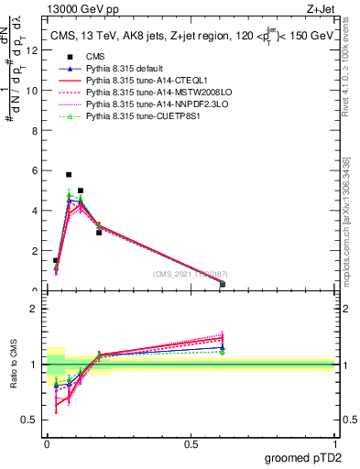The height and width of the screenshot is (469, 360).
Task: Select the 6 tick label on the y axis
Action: click(35, 170)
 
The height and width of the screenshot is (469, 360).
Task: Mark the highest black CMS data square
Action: click(69, 174)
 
